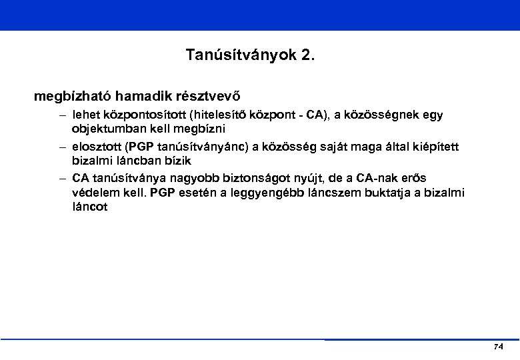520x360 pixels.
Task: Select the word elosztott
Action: point(97,146)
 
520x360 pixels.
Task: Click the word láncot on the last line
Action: point(89,207)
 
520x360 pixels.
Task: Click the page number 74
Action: point(499,347)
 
